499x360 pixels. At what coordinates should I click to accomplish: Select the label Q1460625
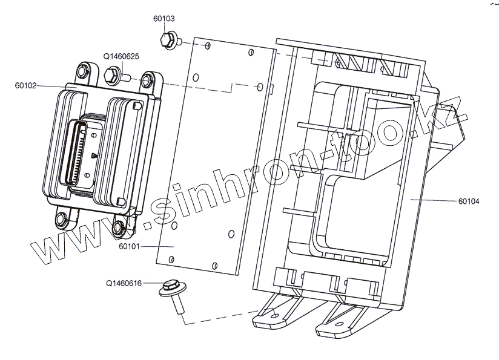[122, 56]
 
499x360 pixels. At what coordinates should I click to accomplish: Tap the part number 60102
[26, 86]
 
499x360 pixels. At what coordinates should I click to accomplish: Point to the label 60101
[129, 246]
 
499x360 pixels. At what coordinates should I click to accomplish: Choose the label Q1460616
[124, 283]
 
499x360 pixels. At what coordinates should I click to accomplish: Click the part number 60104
[468, 201]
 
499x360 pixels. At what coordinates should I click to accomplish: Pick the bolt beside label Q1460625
[116, 76]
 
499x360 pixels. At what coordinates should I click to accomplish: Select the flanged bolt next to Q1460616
[171, 293]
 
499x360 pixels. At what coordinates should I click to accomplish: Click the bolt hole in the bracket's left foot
[274, 314]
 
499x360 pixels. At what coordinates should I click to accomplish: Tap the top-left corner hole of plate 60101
[208, 45]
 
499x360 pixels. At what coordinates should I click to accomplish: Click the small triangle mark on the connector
[93, 156]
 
